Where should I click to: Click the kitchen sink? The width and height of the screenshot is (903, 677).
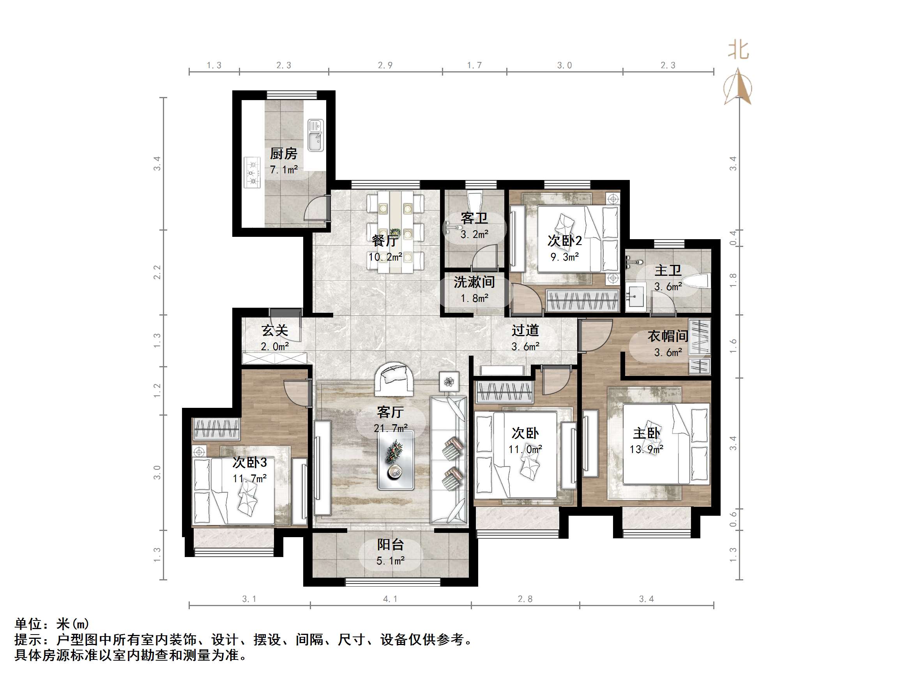pos(315,135)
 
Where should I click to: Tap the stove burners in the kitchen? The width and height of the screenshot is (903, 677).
pos(252,173)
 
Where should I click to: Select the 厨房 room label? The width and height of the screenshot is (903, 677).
pos(283,154)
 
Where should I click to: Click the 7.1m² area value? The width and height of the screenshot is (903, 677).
pos(283,170)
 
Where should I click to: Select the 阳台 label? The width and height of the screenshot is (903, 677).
pos(390,545)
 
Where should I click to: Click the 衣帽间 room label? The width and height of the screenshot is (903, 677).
pos(668,336)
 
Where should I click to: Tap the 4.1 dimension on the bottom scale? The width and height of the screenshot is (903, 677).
pos(390,599)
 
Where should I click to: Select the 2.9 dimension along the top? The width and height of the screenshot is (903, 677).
pos(385,65)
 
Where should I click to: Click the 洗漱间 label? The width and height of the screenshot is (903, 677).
pos(474,282)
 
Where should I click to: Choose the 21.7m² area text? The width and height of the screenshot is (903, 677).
pos(390,428)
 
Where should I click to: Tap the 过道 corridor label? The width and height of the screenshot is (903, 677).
pos(525,330)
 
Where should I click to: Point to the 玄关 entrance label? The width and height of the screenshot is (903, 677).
pos(275,330)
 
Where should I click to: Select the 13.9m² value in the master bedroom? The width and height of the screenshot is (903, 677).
pos(646,449)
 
